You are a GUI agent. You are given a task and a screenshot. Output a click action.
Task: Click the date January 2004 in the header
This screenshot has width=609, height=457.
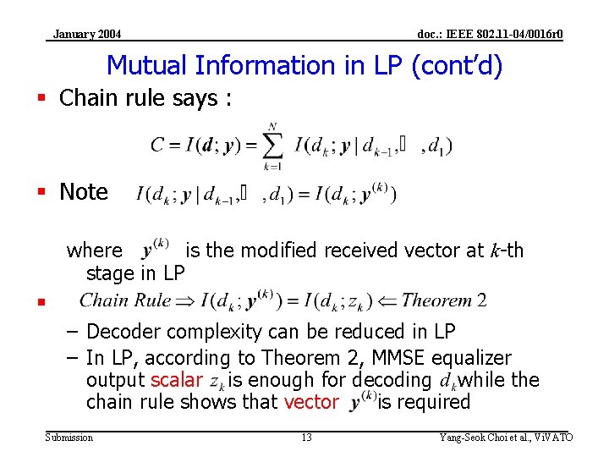pos(86,35)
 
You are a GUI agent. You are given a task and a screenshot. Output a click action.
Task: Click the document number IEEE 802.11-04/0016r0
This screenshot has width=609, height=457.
pos(491,35)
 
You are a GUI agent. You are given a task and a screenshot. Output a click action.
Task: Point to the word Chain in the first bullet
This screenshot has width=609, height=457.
pos(89,98)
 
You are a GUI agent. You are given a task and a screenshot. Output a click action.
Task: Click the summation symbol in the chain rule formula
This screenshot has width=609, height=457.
pos(272,146)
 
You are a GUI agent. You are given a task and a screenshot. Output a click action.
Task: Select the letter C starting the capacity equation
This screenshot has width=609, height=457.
pos(157,146)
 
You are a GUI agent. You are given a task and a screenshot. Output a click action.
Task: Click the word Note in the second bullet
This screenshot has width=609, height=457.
pos(84,192)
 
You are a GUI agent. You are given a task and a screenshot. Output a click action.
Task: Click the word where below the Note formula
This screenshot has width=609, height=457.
pos(94,251)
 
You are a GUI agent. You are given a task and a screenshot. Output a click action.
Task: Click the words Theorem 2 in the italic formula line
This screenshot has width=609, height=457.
pos(444,300)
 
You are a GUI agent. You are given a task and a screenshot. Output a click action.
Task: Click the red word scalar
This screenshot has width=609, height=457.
pos(176,381)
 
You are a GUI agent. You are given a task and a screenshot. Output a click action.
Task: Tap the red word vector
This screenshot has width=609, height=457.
pos(311,403)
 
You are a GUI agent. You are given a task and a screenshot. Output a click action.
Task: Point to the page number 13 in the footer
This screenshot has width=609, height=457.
pos(306,438)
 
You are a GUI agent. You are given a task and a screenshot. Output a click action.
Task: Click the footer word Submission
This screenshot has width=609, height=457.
pos(69,438)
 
